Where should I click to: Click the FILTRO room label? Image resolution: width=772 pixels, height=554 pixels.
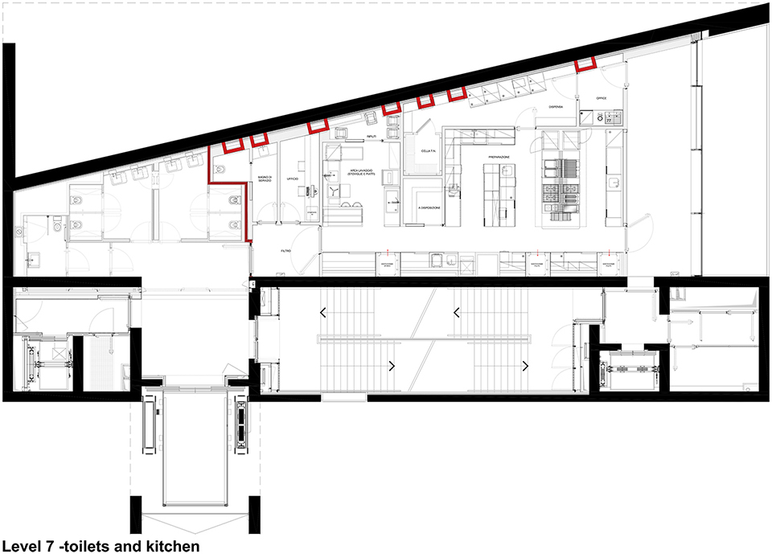tap(285, 251)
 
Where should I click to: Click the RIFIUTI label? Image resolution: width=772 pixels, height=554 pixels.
tap(372, 138)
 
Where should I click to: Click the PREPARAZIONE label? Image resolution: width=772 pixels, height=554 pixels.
tap(499, 158)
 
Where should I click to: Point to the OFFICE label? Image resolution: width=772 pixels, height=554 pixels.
tap(599, 98)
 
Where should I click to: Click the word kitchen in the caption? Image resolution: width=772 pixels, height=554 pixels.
tap(168, 547)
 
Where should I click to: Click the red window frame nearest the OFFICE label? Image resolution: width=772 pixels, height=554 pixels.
tap(585, 65)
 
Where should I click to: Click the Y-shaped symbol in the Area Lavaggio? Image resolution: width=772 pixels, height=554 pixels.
tap(332, 190)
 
